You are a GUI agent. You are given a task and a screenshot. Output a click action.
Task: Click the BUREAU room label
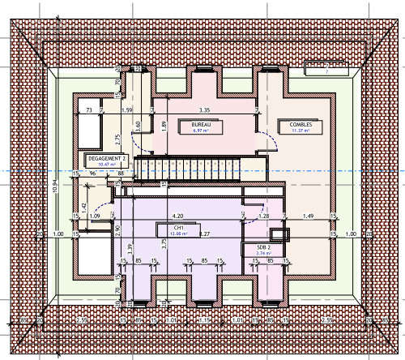click(x=201, y=125)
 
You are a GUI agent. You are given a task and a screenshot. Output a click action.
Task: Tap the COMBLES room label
click(x=301, y=124)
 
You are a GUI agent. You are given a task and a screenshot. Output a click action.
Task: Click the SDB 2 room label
click(x=262, y=246)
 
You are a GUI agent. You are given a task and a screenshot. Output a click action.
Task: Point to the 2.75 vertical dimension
click(x=117, y=138)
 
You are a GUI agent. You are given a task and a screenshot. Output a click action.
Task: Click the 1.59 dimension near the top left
click(x=126, y=109)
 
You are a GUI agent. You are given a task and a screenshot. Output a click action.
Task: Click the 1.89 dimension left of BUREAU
click(x=164, y=125)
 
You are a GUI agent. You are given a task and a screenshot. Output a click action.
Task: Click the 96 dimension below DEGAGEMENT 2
click(x=93, y=173)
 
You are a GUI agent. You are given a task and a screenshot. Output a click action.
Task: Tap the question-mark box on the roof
click(x=325, y=71)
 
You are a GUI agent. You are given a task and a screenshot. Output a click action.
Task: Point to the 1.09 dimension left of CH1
click(x=96, y=216)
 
